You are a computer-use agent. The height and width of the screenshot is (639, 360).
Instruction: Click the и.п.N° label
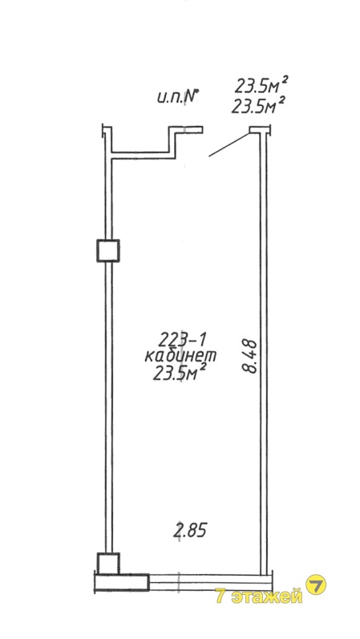pos(177,97)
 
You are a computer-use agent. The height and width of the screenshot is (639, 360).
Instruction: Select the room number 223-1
pos(179,338)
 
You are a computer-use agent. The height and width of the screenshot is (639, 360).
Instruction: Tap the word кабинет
pos(180,356)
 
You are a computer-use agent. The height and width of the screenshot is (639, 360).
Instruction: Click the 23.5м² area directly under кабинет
pos(179,373)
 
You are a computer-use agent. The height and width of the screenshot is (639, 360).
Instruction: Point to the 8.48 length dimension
pos(249,356)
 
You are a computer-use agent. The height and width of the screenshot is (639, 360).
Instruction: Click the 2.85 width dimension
pos(190,530)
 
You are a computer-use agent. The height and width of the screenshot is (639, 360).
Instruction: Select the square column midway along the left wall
pos(108,251)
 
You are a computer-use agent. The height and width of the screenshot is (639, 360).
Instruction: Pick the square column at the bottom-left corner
pos(108,563)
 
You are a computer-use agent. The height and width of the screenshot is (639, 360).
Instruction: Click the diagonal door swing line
pos(229,144)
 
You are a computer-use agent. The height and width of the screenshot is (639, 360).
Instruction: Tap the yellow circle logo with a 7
pos(316,584)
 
